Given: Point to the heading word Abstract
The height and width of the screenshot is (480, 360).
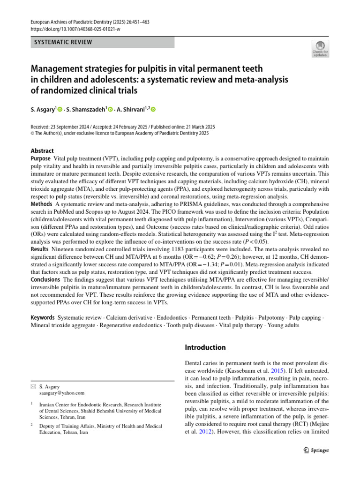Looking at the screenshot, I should coord(42,150).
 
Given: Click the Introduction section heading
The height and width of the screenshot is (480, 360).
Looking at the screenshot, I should coord(206,348).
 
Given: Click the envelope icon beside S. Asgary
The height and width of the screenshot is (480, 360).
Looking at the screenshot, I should coord(32,387).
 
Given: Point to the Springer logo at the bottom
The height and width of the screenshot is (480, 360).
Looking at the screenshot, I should coord(314,450).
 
